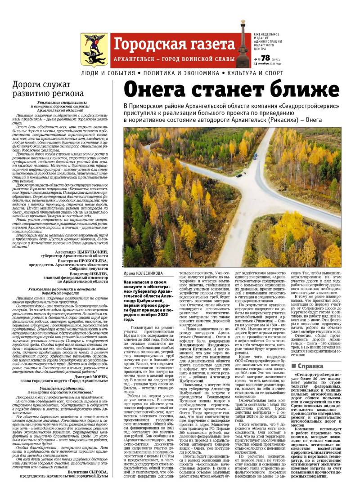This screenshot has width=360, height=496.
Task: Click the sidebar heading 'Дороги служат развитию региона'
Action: point(48,89)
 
